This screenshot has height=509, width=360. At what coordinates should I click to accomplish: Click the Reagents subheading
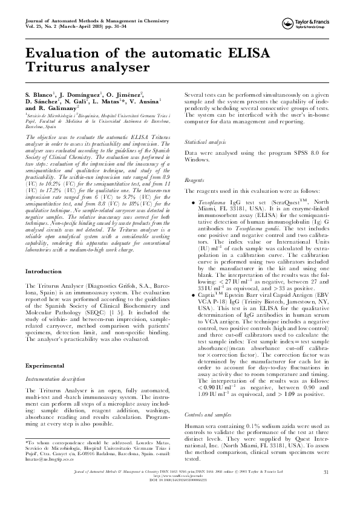pos(194,180)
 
